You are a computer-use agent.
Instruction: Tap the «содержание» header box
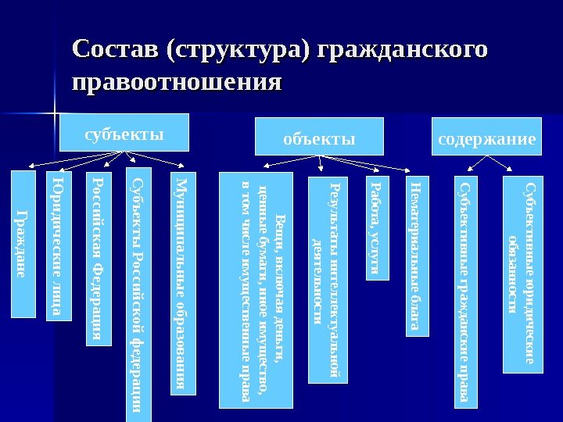(x=487, y=138)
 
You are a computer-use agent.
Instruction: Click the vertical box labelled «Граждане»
(x=23, y=243)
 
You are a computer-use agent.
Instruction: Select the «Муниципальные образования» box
(x=181, y=281)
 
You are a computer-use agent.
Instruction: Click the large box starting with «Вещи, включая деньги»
(x=256, y=290)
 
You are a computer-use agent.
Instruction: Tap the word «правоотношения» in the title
(x=175, y=81)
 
